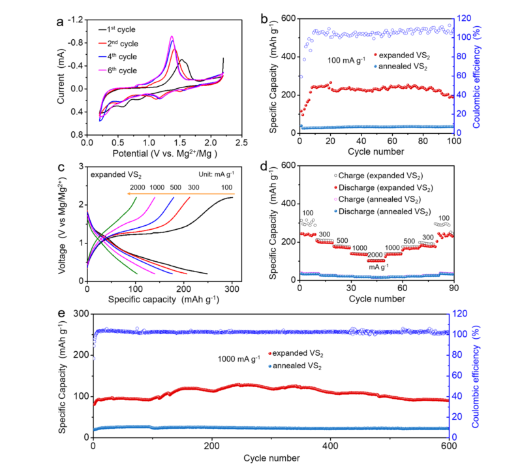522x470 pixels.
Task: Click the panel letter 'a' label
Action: (61, 21)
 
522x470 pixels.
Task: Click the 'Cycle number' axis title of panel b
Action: (376, 153)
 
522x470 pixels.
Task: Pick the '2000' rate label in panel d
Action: (375, 255)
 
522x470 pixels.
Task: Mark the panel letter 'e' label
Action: (61, 314)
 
